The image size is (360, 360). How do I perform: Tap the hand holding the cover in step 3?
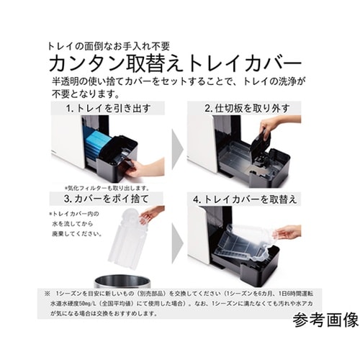click(153, 214)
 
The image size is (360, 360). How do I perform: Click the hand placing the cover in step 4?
click(288, 231)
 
